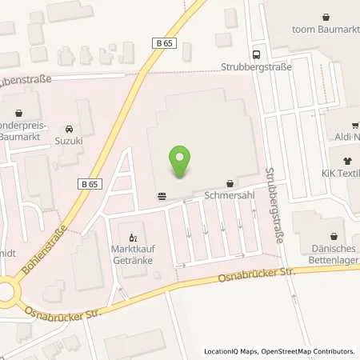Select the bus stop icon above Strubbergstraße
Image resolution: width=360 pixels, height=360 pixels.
coord(256,54)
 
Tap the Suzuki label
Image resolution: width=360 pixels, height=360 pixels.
coord(70,141)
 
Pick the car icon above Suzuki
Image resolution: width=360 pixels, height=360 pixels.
coord(70,129)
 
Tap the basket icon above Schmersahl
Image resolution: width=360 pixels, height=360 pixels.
coord(230,182)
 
